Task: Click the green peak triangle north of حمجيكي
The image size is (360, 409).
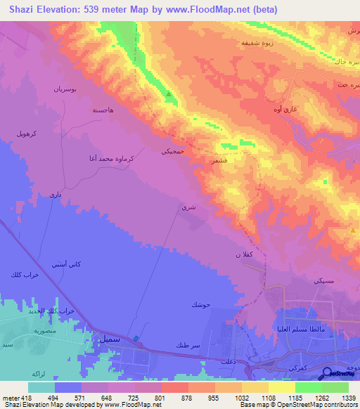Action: [x=168, y=93]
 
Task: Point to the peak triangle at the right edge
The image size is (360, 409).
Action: [x=353, y=230]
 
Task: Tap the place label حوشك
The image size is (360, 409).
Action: [x=200, y=304]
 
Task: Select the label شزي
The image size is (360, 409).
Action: [x=187, y=207]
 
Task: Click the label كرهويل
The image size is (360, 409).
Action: [x=27, y=133]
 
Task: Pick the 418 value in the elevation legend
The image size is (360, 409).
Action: [x=21, y=398]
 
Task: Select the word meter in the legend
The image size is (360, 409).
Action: [x=8, y=398]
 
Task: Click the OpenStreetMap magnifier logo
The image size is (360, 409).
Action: [x=326, y=374]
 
